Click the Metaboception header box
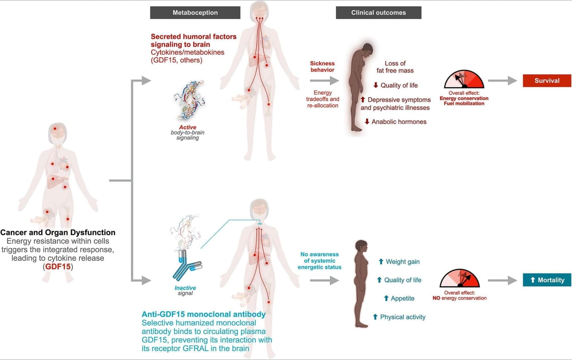point(195,13)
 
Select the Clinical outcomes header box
point(378,13)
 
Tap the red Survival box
point(547,81)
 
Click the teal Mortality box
point(547,280)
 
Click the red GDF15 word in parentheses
point(58,266)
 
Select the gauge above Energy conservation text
point(464,79)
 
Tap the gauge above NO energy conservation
point(460,279)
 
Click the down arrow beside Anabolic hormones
point(367,122)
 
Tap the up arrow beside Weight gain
point(381,261)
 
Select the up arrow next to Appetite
point(386,298)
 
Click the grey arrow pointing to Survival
point(502,81)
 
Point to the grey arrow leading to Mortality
point(502,280)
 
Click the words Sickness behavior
point(322,67)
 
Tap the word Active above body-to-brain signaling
point(188,127)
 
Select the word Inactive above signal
point(185,288)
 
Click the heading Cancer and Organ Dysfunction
point(58,232)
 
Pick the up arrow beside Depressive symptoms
point(363,100)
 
